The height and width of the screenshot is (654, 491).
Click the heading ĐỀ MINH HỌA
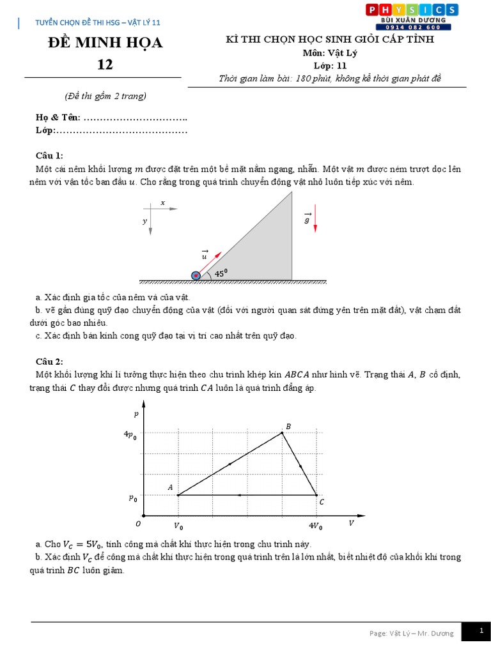click(105, 43)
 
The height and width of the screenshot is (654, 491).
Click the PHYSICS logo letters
click(411, 9)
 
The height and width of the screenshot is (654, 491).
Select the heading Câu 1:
click(49, 156)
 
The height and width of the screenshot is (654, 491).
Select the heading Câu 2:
click(49, 361)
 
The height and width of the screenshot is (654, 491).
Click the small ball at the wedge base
click(196, 275)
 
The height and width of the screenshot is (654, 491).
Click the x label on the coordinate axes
click(162, 202)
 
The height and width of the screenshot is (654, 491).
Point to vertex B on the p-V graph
click(283, 433)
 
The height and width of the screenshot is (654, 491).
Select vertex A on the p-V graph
click(177, 495)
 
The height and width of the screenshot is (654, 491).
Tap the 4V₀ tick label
click(316, 526)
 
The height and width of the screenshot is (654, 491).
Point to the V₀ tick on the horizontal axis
click(178, 526)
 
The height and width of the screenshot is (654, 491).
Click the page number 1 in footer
click(481, 631)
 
